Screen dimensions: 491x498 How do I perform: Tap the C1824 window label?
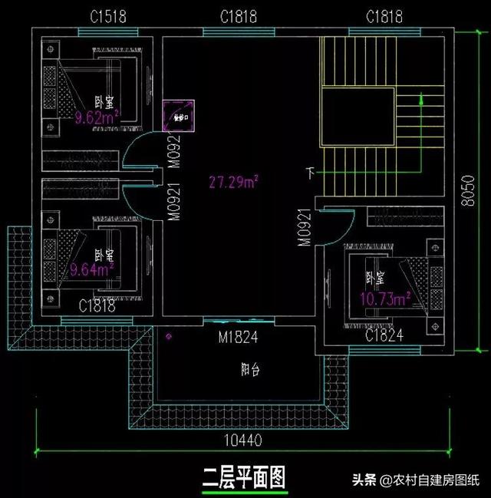[x=385, y=335]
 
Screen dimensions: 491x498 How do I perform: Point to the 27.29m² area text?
[x=233, y=181]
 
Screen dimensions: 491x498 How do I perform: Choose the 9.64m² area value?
[x=92, y=269]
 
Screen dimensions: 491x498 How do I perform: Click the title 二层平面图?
[x=243, y=478]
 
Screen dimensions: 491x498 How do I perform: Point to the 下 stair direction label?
[x=311, y=173]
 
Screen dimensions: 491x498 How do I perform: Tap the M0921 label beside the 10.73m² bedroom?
[x=305, y=227]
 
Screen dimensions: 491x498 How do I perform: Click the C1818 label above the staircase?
[x=385, y=16]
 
